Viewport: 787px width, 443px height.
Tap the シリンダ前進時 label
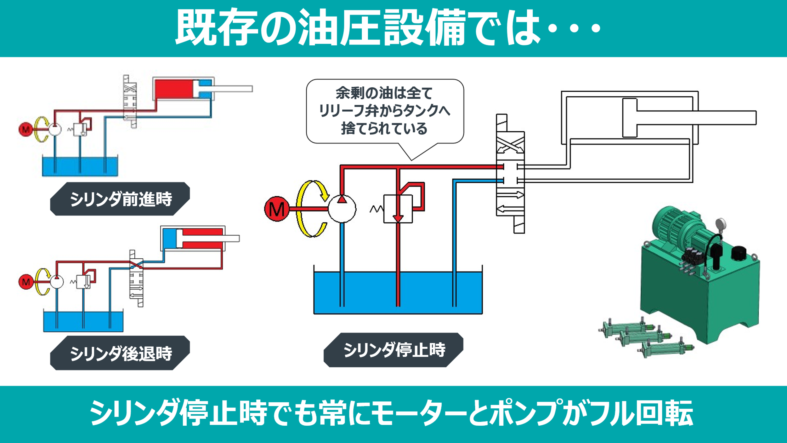[x=120, y=199]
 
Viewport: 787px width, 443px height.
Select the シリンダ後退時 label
[x=120, y=353]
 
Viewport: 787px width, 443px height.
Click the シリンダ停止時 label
[x=394, y=350]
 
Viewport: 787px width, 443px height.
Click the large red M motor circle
[x=277, y=209]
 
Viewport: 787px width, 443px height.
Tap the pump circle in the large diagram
[x=342, y=209]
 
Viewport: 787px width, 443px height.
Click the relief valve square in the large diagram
[x=398, y=209]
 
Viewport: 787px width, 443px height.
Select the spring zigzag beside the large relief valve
[x=377, y=209]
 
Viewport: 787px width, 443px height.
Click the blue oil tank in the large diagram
[x=398, y=293]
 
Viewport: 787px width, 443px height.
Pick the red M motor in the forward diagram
[x=26, y=129]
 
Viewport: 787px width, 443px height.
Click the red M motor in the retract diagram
[x=26, y=282]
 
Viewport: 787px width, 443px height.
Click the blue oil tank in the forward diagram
[x=80, y=166]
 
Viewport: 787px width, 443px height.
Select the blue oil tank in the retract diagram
[x=83, y=321]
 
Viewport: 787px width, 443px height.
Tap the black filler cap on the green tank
[x=739, y=253]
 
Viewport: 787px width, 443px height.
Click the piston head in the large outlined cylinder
[x=630, y=118]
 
